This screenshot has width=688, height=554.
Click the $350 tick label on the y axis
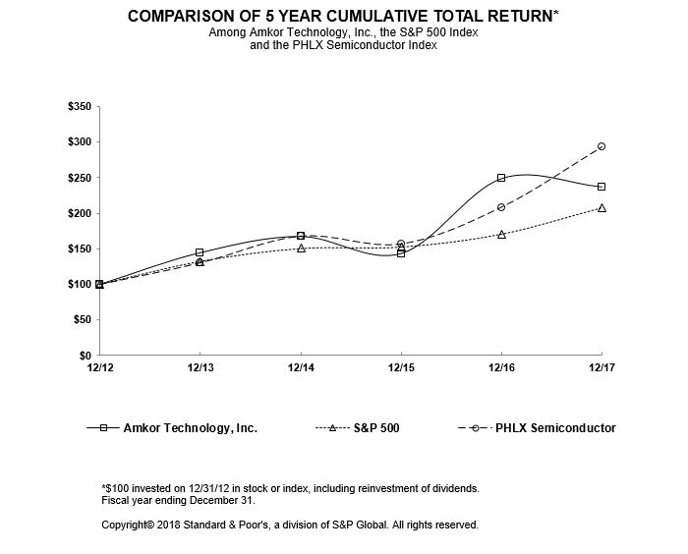pyautogui.click(x=78, y=106)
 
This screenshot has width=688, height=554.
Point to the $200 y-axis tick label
pyautogui.click(x=78, y=213)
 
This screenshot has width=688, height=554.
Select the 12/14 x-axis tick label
pyautogui.click(x=301, y=368)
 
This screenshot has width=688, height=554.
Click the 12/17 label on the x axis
pyautogui.click(x=601, y=368)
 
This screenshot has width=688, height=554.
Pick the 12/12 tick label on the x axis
pyautogui.click(x=99, y=368)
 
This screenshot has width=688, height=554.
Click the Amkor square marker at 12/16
pyautogui.click(x=501, y=178)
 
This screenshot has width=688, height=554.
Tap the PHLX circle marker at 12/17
pyautogui.click(x=602, y=146)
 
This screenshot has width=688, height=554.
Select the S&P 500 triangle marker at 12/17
pyautogui.click(x=602, y=207)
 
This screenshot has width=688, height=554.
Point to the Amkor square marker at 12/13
pyautogui.click(x=201, y=252)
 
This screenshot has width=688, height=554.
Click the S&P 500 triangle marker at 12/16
pyautogui.click(x=501, y=234)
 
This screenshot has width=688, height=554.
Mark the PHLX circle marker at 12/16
pyautogui.click(x=501, y=207)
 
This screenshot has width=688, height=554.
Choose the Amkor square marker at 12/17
pyautogui.click(x=602, y=187)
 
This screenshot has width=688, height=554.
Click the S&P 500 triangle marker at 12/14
pyautogui.click(x=301, y=248)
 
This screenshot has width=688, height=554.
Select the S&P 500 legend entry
pyautogui.click(x=370, y=428)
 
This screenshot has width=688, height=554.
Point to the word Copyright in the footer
pyautogui.click(x=129, y=526)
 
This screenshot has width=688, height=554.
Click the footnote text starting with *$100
pyautogui.click(x=291, y=488)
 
